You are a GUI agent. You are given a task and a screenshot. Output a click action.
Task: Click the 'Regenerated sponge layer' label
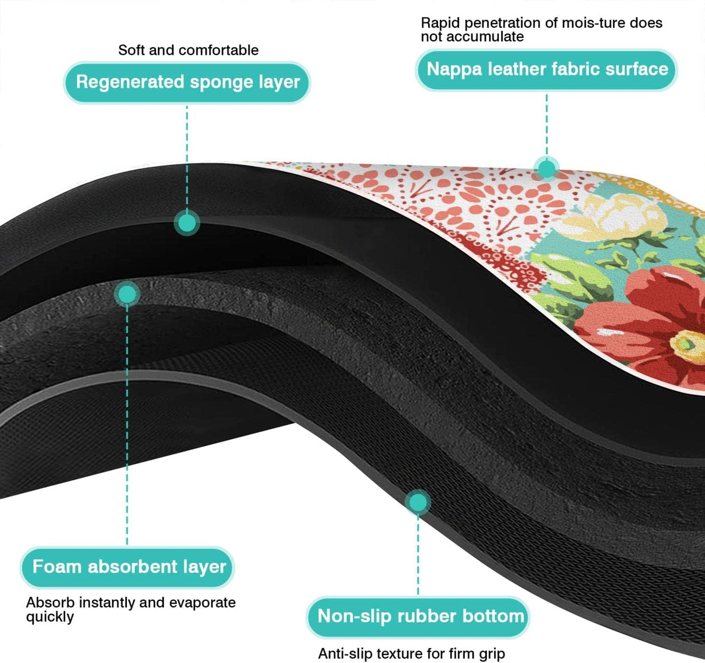(187, 82)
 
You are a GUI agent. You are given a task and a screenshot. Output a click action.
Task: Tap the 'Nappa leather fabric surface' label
(547, 69)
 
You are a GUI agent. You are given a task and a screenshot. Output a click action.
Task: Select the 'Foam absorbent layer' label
(128, 567)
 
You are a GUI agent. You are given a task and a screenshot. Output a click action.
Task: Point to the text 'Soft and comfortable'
(188, 50)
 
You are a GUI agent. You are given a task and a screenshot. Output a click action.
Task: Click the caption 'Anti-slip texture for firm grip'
(411, 653)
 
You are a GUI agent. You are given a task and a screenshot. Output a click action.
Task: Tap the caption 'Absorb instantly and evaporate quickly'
(130, 609)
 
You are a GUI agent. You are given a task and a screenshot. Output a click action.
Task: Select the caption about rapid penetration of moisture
(541, 29)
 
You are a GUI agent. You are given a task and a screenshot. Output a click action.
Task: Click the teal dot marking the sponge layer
(186, 223)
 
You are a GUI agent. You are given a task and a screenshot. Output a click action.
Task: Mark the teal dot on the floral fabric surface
(546, 169)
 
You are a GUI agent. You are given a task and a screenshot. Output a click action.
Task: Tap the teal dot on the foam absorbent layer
(127, 294)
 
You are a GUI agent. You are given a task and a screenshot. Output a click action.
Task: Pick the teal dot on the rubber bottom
(418, 502)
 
